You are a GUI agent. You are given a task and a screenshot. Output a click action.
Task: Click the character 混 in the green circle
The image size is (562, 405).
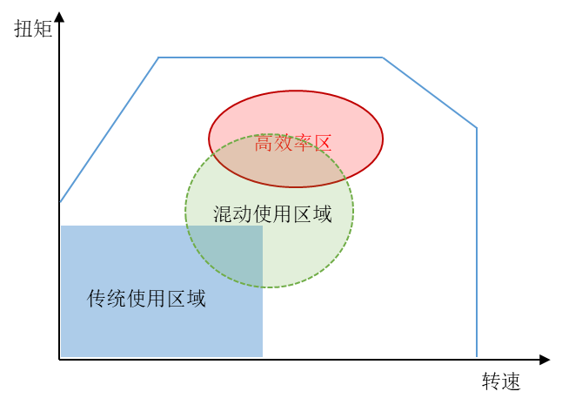(x=223, y=214)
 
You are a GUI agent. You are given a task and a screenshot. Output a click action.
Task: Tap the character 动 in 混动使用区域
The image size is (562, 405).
(x=243, y=214)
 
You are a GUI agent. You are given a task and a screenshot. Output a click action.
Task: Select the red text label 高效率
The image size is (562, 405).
(x=281, y=145)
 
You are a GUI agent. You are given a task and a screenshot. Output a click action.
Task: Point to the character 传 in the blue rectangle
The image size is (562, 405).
(x=97, y=299)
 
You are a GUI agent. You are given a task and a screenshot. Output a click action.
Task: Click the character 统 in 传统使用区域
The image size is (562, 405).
(x=117, y=299)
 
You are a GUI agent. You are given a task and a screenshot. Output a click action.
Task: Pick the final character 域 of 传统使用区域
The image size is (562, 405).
(x=197, y=299)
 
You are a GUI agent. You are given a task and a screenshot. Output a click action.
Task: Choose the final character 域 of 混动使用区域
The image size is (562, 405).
(x=322, y=214)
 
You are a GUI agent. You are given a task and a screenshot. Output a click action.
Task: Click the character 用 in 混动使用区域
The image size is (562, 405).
(x=283, y=214)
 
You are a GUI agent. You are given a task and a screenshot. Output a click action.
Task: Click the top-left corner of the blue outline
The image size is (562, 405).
(x=158, y=58)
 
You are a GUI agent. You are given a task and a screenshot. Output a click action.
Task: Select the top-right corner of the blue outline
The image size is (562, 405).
(x=383, y=58)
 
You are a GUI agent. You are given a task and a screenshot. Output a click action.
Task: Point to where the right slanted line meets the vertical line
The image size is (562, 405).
(x=477, y=129)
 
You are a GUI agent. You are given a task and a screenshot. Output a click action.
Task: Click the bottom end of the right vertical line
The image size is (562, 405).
(x=477, y=356)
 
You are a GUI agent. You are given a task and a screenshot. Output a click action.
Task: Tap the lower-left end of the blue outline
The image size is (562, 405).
(x=61, y=202)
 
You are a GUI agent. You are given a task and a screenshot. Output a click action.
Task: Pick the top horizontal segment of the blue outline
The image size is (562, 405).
(x=270, y=58)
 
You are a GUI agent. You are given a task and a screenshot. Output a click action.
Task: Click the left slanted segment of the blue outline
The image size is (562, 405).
(x=110, y=130)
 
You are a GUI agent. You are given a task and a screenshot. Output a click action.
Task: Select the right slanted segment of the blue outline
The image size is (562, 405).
(x=430, y=93)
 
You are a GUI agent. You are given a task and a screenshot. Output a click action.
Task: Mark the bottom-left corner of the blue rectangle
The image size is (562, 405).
(x=62, y=355)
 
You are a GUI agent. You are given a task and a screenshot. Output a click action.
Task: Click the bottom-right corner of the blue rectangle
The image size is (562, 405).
(x=262, y=355)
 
